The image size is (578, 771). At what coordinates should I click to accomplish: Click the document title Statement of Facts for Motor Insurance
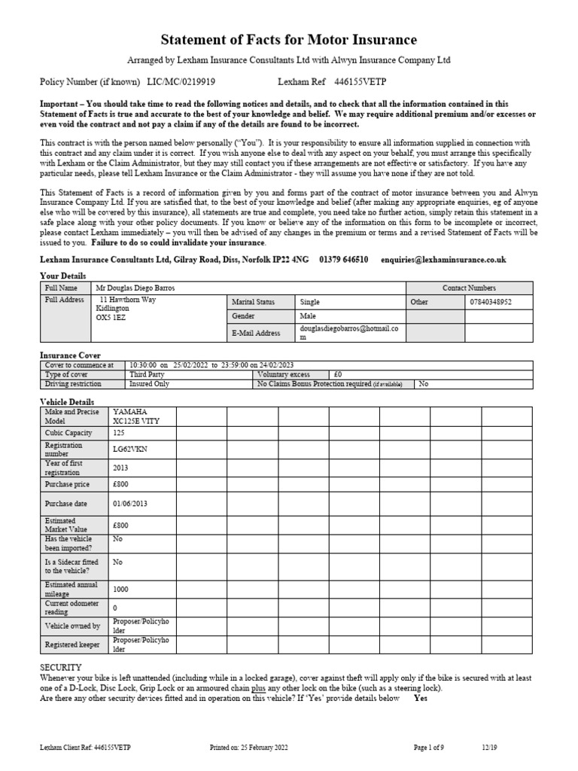[289, 39]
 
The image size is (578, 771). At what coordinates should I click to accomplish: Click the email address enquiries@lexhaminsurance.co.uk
[443, 260]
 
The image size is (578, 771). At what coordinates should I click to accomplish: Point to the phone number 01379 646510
[343, 260]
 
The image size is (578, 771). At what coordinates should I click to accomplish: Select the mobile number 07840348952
[491, 302]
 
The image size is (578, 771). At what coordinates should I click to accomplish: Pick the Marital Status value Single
[309, 302]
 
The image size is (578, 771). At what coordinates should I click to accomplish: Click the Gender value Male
[307, 316]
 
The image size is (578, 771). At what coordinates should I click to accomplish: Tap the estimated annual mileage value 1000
[121, 590]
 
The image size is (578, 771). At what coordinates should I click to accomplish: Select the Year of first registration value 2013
[120, 467]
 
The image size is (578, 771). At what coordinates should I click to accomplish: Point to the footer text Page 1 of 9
[430, 747]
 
